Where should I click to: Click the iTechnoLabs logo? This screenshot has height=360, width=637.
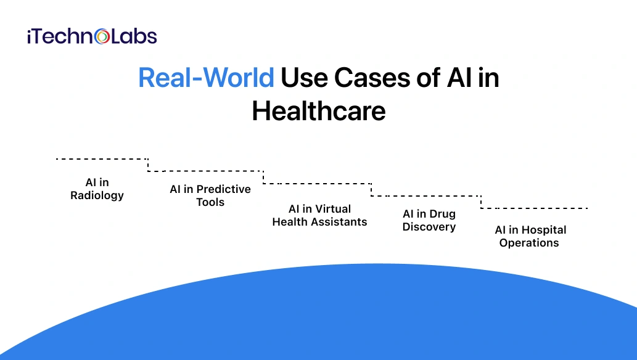92,36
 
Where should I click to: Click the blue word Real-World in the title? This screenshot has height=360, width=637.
206,78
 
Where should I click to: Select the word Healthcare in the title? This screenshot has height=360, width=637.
318,111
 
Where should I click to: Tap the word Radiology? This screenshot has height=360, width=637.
97,195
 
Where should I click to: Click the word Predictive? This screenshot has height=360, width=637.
223,189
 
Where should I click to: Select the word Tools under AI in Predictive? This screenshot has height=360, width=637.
210,202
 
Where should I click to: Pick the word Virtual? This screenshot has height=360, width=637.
333,209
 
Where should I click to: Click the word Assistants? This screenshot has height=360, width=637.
341,222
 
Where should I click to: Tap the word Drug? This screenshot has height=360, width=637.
442,214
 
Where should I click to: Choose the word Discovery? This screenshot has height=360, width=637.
429,227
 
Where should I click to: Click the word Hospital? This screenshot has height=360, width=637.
543,230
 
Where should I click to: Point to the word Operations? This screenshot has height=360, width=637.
529,243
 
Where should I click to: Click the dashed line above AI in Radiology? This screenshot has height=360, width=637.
102,159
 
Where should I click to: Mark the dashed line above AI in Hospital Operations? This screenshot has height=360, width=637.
534,208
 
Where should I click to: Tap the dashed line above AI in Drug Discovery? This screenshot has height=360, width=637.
425,196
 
